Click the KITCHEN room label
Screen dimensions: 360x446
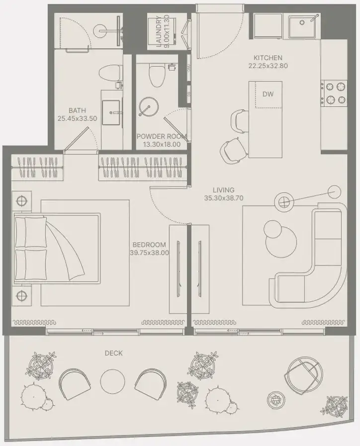(x=268, y=58)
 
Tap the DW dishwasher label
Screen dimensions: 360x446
(x=268, y=94)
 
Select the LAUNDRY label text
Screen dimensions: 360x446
(x=159, y=31)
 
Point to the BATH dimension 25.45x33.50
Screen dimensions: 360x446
(x=78, y=119)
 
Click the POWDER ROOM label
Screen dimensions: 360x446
(x=161, y=136)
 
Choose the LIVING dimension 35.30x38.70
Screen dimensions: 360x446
(x=224, y=198)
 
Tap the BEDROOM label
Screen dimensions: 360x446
(x=149, y=245)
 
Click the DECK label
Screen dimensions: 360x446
(x=114, y=354)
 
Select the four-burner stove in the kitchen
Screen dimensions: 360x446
(x=334, y=92)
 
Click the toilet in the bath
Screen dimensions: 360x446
(x=110, y=73)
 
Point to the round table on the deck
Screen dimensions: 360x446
(x=112, y=381)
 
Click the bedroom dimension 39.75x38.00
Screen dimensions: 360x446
(x=149, y=253)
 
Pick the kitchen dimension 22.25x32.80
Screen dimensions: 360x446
(x=268, y=66)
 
